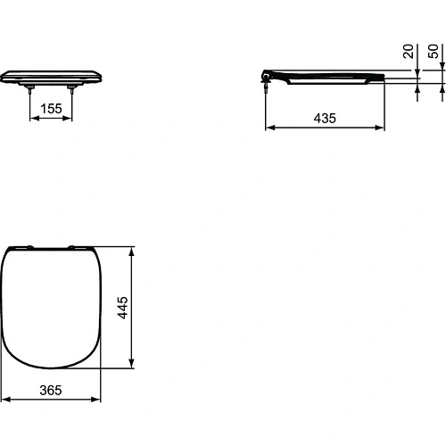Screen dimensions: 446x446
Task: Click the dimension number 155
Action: pyautogui.click(x=52, y=109)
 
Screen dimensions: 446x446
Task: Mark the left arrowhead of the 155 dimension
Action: pyautogui.click(x=35, y=120)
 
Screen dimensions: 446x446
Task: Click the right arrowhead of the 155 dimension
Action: pyautogui.click(x=70, y=120)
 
